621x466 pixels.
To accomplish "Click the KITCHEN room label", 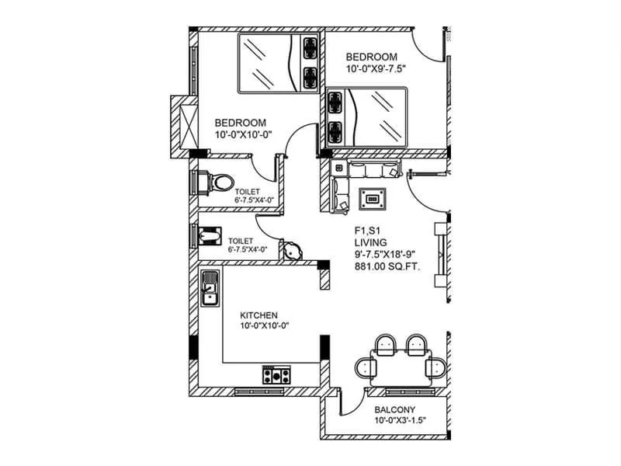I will pos(258,315).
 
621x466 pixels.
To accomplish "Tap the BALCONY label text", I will pos(394,410).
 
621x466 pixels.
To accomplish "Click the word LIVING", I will pos(371,243).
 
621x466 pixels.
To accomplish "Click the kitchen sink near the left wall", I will pos(209,287).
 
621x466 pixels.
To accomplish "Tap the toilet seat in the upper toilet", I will pos(220,182).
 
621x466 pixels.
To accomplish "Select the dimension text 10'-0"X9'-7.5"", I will pos(376,69).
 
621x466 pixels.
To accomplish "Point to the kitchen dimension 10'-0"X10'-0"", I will pos(264,326).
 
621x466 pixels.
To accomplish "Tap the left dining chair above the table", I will pos(385,344).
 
